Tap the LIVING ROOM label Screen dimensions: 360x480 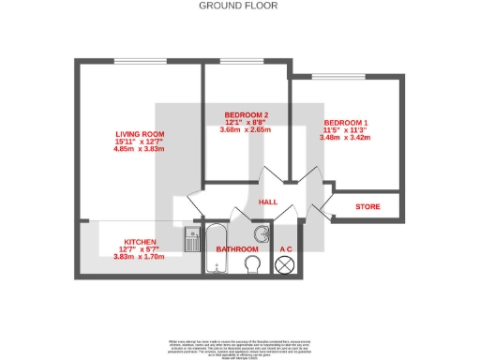tap(140, 133)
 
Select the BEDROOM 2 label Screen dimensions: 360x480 tap(247, 116)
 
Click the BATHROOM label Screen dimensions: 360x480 tap(237, 249)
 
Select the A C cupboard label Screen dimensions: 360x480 tap(286, 248)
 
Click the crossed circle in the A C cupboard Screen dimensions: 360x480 tap(286, 265)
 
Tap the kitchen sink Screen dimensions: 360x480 tap(192, 240)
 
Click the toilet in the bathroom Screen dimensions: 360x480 tap(252, 268)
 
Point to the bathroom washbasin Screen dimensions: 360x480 tap(262, 233)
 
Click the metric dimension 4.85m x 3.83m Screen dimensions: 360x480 tap(140, 150)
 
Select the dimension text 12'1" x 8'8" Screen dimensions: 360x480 tap(247, 125)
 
